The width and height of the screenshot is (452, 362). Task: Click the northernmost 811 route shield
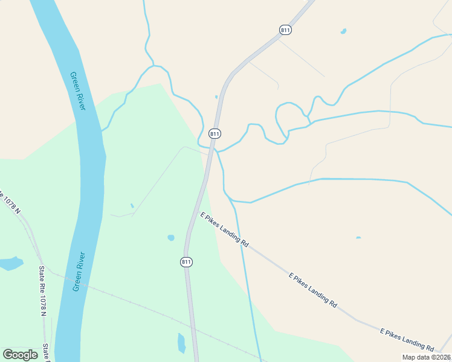click(285, 30)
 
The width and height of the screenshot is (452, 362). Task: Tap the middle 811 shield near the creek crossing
click(215, 133)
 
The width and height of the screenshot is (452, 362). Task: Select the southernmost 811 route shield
click(187, 262)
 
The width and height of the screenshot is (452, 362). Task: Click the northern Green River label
click(78, 91)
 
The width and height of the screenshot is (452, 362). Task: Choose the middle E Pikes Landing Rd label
click(312, 290)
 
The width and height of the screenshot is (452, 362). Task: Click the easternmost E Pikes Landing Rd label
click(407, 340)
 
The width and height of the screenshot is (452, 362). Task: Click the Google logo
click(21, 354)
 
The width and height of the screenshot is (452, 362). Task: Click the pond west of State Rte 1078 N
click(10, 263)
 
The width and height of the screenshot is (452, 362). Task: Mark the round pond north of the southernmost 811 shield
click(171, 238)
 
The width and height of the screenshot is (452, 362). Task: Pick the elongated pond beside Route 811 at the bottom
click(181, 343)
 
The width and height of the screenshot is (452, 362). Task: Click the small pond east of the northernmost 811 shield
click(343, 31)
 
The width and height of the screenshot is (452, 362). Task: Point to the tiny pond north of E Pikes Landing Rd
click(358, 238)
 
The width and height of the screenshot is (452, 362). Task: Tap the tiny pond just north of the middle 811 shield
click(216, 97)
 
